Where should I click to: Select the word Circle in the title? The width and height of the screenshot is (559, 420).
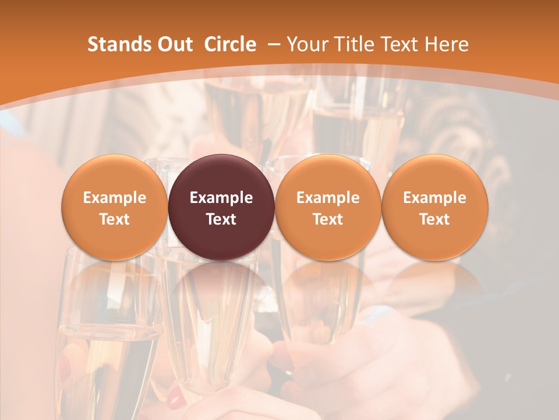point(230,44)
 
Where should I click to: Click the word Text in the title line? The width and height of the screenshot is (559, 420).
point(404,44)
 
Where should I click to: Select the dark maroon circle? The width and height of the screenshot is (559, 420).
point(221,207)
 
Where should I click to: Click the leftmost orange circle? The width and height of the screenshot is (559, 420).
point(114,207)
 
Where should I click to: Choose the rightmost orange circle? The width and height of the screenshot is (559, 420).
point(435,207)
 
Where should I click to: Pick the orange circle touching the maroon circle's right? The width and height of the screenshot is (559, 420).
point(328,207)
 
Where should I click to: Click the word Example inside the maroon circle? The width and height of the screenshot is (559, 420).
point(221,198)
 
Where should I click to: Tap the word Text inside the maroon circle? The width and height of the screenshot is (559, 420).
point(221,219)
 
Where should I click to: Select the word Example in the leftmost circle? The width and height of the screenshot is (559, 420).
point(114,198)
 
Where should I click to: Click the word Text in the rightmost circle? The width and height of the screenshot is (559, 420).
point(435,219)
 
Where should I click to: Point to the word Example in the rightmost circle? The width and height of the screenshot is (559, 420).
point(435,198)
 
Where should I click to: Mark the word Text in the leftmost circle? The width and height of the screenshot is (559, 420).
point(114,219)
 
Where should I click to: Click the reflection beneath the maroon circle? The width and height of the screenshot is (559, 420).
point(221,286)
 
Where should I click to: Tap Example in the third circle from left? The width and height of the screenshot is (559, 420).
point(328,198)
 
